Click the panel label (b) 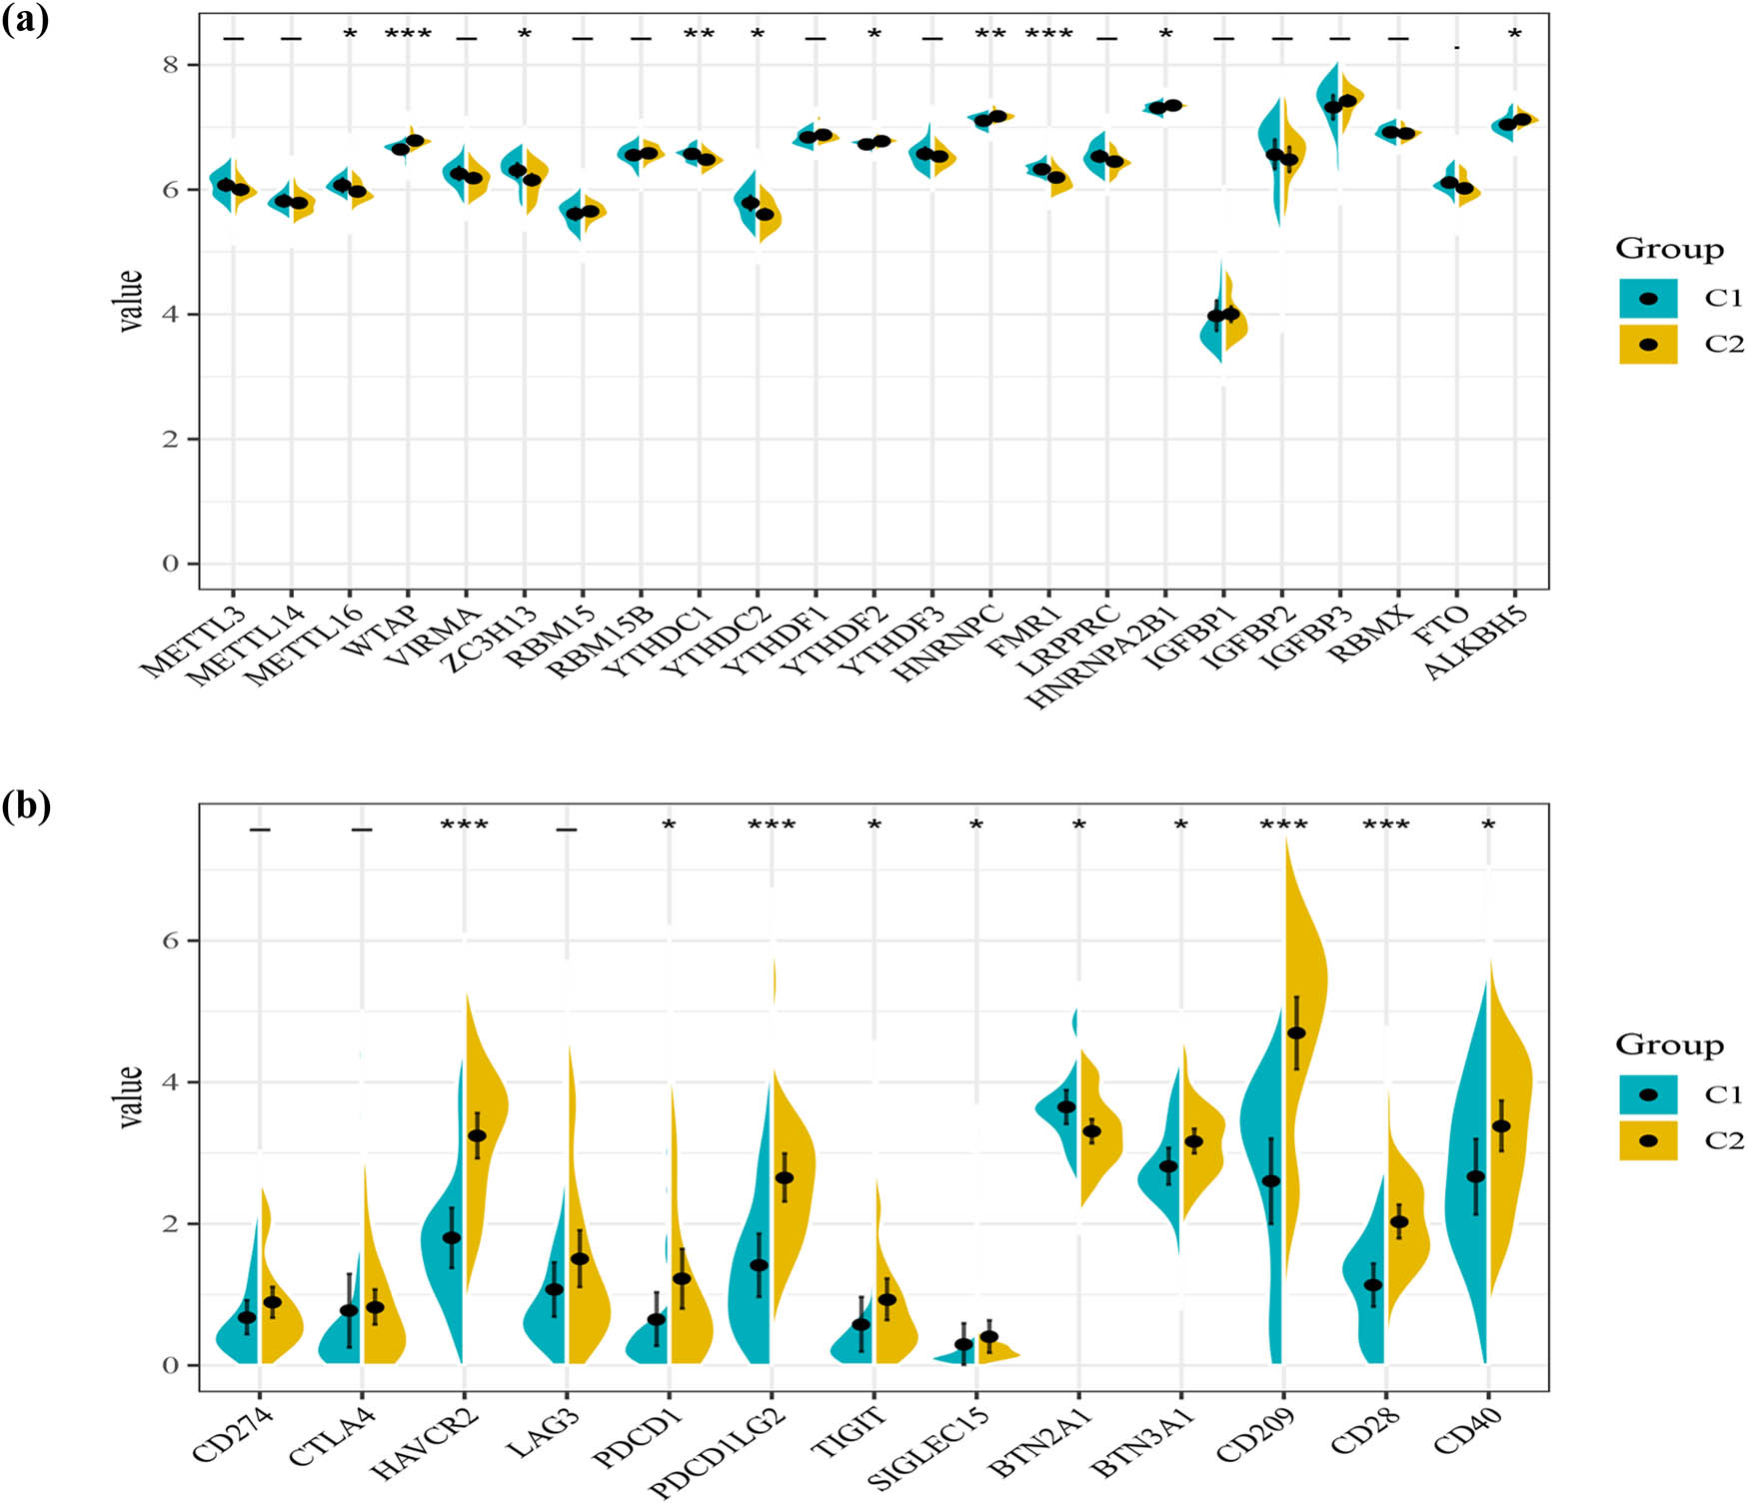pyautogui.click(x=25, y=805)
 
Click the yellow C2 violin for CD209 pyautogui.click(x=1305, y=999)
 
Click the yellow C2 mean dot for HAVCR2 pyautogui.click(x=477, y=1135)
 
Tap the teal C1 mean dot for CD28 pyautogui.click(x=1373, y=1285)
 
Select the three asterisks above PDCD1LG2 pyautogui.click(x=772, y=825)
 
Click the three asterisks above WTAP pyautogui.click(x=408, y=35)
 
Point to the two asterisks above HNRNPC pyautogui.click(x=990, y=35)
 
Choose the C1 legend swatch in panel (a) pyautogui.click(x=1648, y=298)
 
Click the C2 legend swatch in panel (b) pyautogui.click(x=1648, y=1140)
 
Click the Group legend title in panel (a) pyautogui.click(x=1669, y=249)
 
